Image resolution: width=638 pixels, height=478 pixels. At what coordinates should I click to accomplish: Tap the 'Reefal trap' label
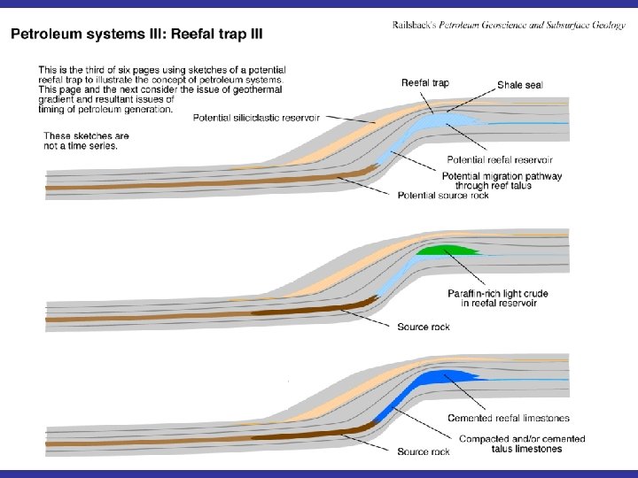[424, 83]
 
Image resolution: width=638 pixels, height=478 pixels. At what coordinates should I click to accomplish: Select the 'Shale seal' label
[520, 85]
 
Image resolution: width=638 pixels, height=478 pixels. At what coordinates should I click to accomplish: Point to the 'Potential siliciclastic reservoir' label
[256, 117]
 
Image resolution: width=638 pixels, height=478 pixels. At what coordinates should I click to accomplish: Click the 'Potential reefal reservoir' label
[499, 160]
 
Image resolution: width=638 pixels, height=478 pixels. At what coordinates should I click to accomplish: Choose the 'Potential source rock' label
[443, 195]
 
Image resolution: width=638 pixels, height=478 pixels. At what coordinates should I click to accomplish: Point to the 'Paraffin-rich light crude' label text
[498, 293]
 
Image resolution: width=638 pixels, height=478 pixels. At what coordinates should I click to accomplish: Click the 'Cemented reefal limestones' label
[508, 418]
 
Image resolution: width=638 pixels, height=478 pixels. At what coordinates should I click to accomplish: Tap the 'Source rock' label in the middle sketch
[424, 328]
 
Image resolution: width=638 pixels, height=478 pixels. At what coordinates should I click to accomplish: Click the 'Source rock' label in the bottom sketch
[424, 452]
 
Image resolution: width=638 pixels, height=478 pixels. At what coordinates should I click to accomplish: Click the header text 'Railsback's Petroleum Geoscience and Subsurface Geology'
[508, 26]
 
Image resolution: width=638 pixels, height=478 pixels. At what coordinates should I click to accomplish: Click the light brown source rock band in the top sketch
[177, 186]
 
